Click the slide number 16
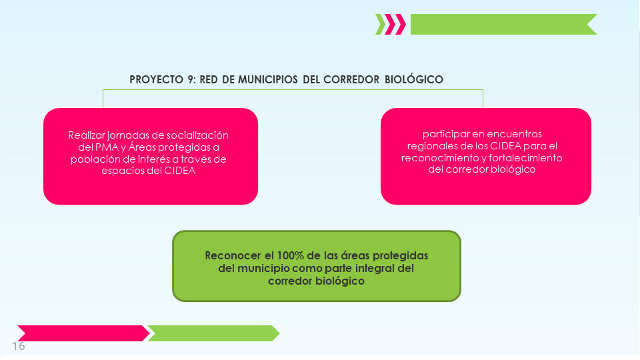click(19, 346)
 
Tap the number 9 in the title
click(191, 79)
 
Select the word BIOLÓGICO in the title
click(414, 79)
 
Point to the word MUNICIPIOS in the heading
click(268, 79)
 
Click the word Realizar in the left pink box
click(87, 135)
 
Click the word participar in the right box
click(446, 134)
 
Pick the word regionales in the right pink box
click(432, 146)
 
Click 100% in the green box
click(290, 255)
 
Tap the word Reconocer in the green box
click(233, 255)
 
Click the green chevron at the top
click(381, 25)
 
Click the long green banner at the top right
click(504, 25)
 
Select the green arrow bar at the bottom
click(213, 333)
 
